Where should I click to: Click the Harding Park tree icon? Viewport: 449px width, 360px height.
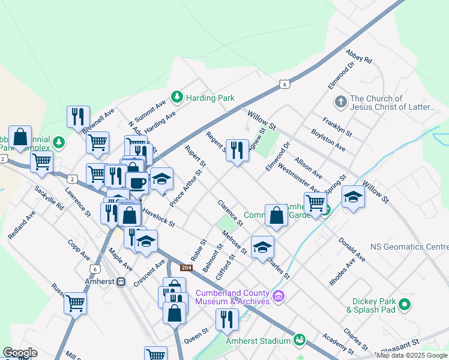(177, 97)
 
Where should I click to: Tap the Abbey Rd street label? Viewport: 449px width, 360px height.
(359, 56)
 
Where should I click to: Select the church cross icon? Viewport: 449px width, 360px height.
(340, 101)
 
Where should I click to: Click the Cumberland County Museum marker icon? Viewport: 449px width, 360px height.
(278, 296)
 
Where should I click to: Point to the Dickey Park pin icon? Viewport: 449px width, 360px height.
(406, 305)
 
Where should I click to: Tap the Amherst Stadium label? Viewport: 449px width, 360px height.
(258, 341)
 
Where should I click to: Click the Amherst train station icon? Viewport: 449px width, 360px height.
(121, 281)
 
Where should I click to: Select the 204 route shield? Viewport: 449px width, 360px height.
(185, 267)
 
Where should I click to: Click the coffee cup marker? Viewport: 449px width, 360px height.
(137, 181)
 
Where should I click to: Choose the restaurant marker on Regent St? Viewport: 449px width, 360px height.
(237, 150)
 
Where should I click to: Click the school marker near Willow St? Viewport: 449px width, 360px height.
(353, 197)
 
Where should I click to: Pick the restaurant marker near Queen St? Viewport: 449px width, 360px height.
(227, 320)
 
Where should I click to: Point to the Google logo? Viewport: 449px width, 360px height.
(20, 353)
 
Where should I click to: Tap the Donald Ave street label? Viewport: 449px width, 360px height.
(352, 249)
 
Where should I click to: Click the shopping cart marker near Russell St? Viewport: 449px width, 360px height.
(76, 303)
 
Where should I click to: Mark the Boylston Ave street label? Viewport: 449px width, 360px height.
(328, 140)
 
